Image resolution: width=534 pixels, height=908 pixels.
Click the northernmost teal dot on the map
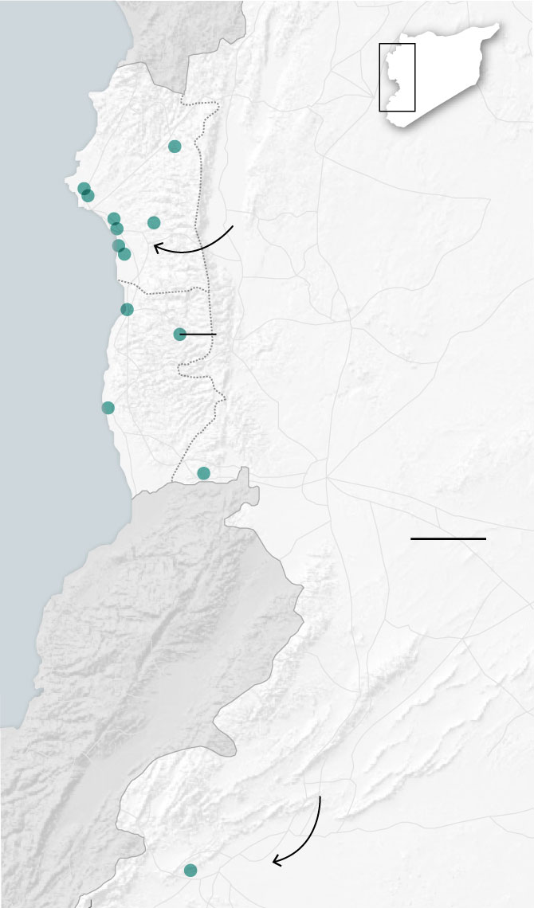point(175,146)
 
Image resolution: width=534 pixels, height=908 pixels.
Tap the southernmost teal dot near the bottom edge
point(190,870)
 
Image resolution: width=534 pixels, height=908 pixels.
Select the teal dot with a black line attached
point(180,334)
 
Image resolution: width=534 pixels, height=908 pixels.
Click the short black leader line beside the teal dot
point(201,335)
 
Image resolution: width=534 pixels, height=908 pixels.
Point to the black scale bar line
point(448,539)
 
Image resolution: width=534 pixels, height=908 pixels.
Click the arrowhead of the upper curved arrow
point(155,247)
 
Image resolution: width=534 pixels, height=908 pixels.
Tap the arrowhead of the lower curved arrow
point(275,861)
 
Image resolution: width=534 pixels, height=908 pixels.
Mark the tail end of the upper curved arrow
point(232,226)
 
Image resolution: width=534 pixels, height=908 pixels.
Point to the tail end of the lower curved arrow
point(320,796)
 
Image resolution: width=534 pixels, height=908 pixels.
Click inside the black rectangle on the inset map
point(397,77)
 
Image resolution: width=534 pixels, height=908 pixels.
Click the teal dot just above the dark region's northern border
point(203,473)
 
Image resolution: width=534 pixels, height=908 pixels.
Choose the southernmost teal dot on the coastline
point(108,408)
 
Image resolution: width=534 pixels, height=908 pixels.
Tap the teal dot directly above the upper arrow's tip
point(154,222)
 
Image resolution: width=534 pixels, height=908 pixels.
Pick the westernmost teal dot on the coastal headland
point(84,189)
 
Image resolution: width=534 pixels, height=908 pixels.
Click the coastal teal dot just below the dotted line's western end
point(127,309)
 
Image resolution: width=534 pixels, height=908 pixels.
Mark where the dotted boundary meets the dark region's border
point(172,481)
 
